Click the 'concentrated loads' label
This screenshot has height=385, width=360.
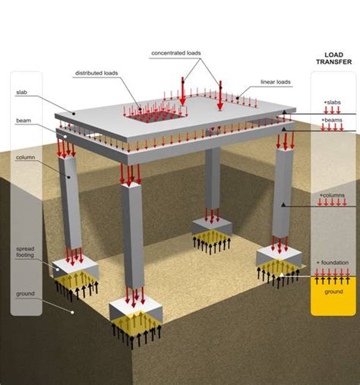tap(176, 53)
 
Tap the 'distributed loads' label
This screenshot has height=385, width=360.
tap(96, 73)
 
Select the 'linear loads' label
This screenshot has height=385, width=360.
tap(276, 82)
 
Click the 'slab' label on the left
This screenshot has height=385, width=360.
tap(21, 93)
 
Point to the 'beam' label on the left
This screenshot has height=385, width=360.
tap(24, 121)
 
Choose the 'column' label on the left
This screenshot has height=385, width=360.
tap(25, 157)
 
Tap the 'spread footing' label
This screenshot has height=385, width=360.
tap(25, 252)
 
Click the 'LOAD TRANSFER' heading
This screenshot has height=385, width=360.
tap(334, 58)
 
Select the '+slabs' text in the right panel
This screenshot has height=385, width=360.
tap(332, 103)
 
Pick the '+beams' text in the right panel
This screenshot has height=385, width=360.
tap(332, 120)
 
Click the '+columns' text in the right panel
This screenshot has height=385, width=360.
tap(332, 195)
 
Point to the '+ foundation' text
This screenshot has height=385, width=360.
tap(333, 263)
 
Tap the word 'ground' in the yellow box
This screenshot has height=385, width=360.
tap(333, 292)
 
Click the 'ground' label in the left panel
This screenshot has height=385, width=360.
tap(25, 294)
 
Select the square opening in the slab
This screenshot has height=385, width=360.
tap(156, 116)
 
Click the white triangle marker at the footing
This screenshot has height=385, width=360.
tap(282, 275)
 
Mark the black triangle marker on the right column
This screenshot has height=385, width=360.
tap(283, 204)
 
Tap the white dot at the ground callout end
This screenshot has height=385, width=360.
tap(72, 312)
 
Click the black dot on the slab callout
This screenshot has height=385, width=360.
tap(74, 114)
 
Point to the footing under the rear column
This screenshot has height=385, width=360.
tap(212, 226)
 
